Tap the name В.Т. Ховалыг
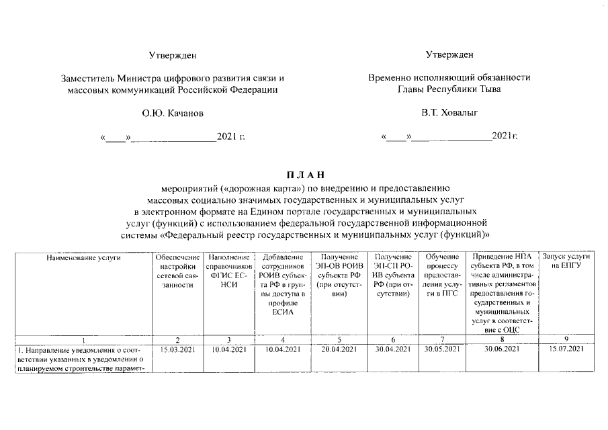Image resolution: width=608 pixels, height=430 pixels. click(x=449, y=114)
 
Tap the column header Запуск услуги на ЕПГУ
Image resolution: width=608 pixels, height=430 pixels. click(x=566, y=261)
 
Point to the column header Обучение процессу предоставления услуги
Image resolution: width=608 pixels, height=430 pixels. click(x=441, y=275)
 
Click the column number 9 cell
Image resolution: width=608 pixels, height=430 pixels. click(x=566, y=339)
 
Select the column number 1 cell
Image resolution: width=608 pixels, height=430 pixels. click(x=83, y=339)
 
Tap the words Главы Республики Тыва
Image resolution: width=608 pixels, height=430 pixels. click(x=449, y=89)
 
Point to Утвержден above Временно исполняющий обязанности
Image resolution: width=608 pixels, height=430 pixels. click(x=449, y=54)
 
